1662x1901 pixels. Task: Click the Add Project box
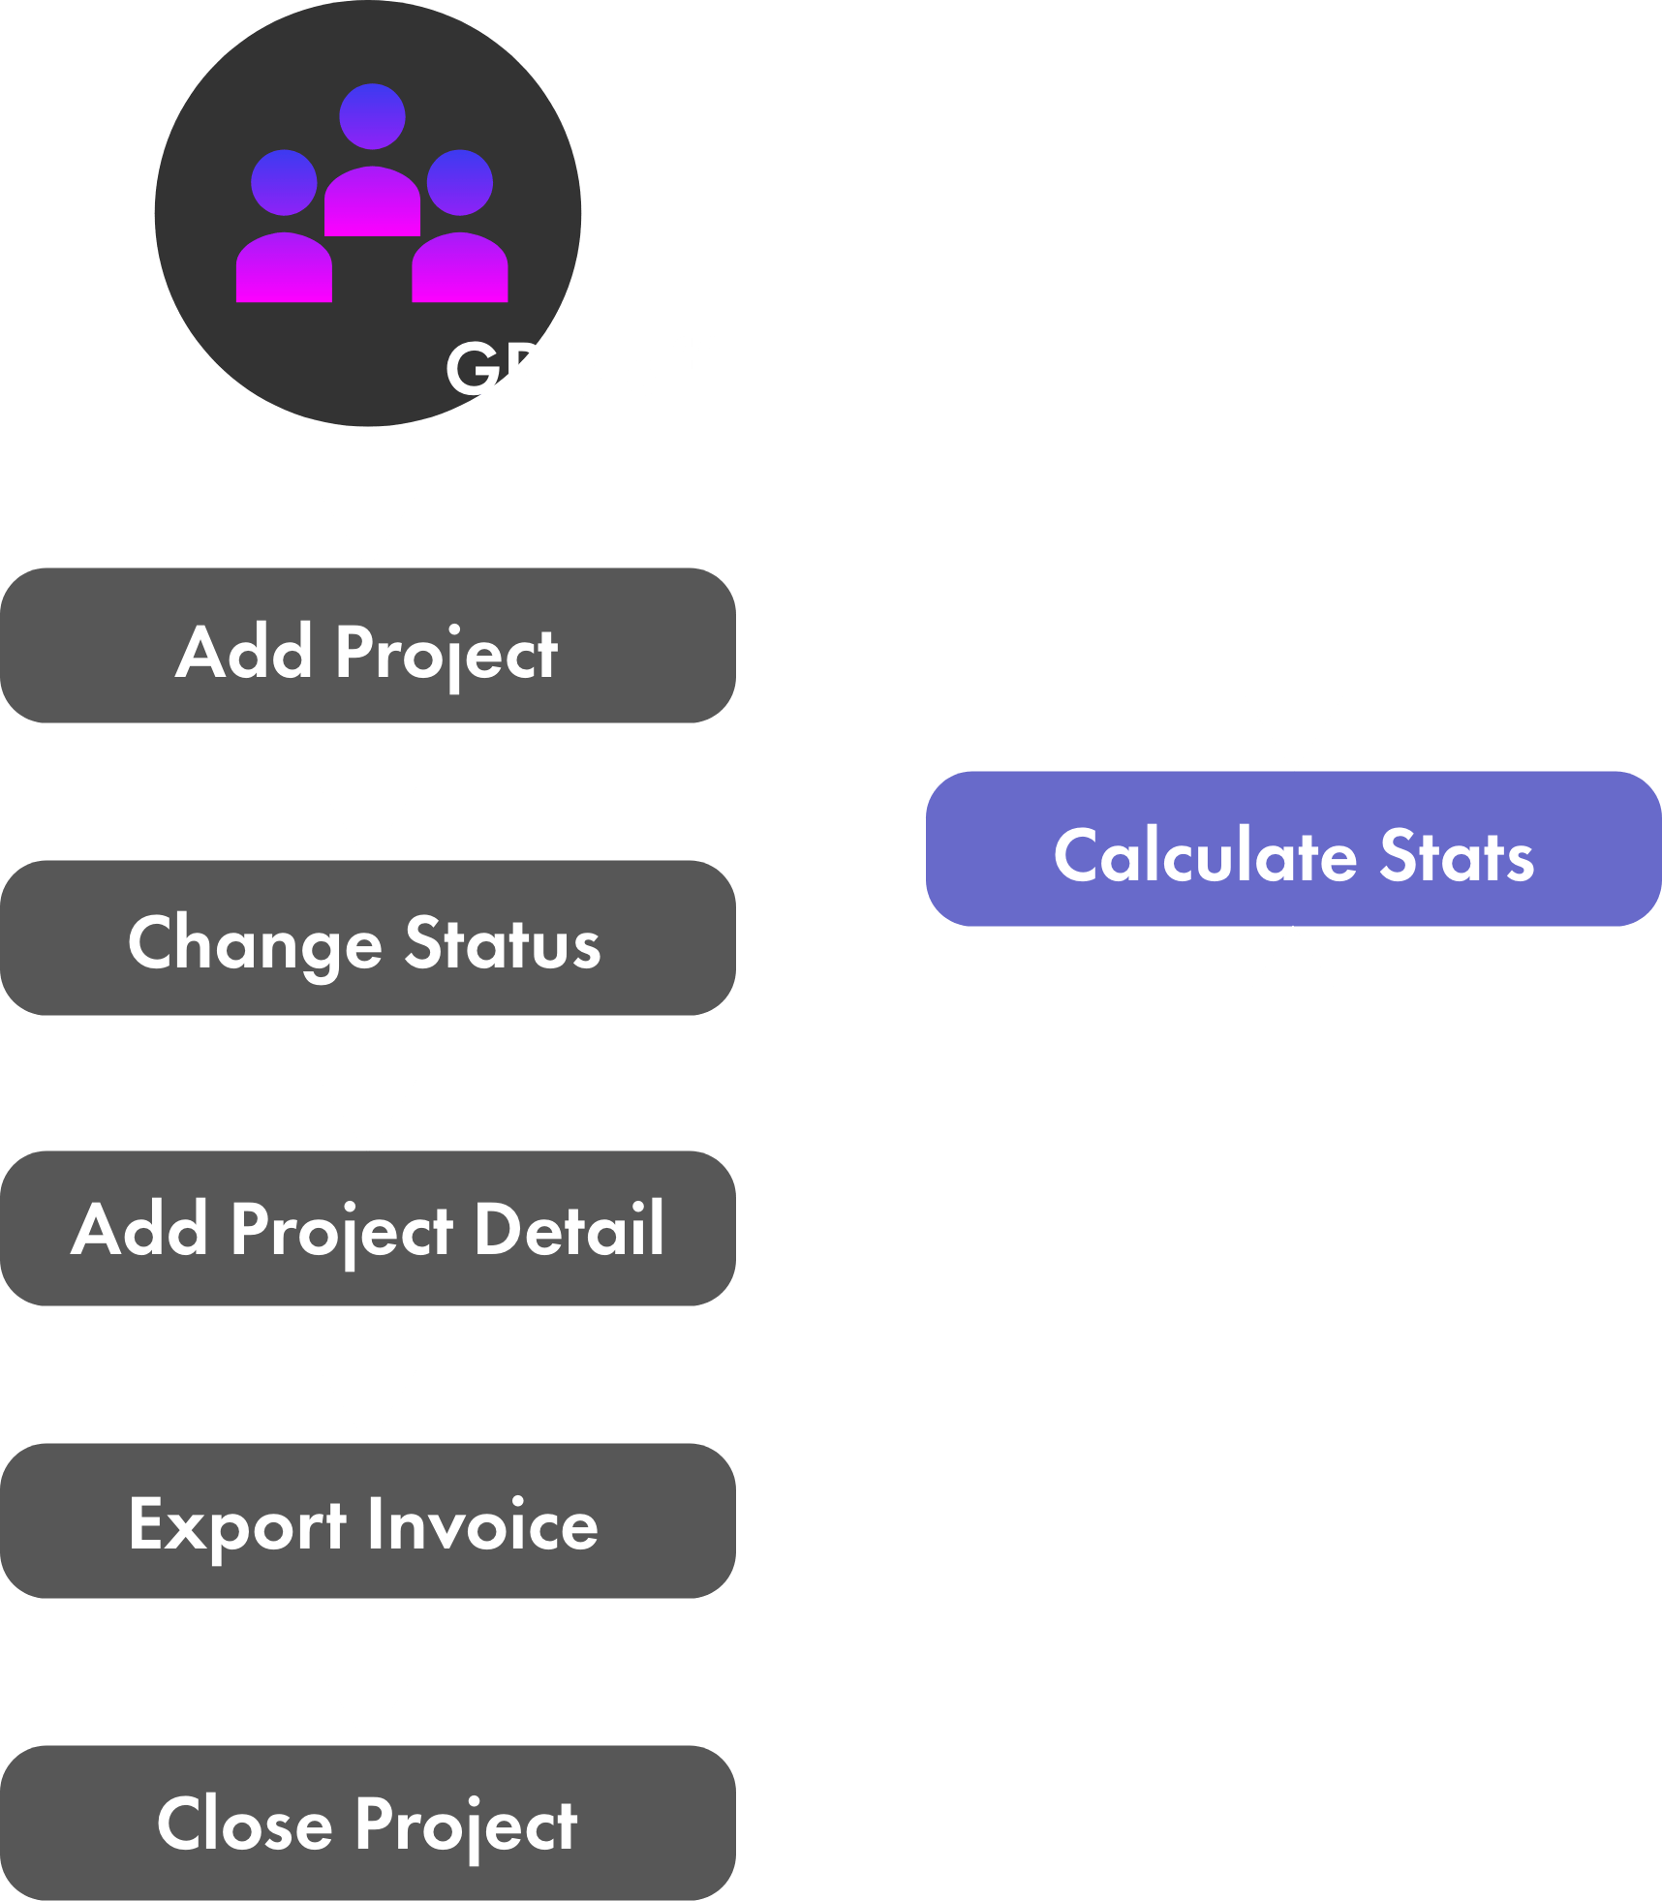[x=368, y=646]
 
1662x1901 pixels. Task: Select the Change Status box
[x=368, y=938]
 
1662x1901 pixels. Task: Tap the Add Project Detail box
[x=368, y=1229]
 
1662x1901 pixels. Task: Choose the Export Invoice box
[x=368, y=1521]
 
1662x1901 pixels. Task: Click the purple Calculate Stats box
[x=1294, y=849]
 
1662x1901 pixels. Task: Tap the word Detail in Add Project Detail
[x=569, y=1230]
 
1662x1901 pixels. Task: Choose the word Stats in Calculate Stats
[x=1457, y=856]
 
